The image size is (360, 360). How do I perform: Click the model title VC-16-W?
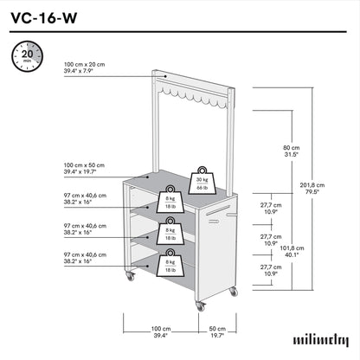(x=44, y=18)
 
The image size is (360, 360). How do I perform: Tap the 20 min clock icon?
(x=27, y=56)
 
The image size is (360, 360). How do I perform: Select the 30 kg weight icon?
(x=202, y=181)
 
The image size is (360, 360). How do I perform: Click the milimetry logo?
(x=321, y=340)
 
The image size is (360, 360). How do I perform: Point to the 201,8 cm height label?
(x=312, y=189)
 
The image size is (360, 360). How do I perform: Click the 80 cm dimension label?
(x=292, y=151)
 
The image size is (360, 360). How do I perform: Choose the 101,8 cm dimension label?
(x=292, y=251)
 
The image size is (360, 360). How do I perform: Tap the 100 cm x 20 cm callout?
(x=84, y=67)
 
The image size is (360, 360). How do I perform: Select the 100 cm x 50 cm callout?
(x=84, y=169)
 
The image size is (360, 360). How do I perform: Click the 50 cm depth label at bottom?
(x=217, y=331)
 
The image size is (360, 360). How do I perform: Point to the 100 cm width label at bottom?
(x=161, y=331)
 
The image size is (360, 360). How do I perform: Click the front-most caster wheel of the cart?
(x=200, y=306)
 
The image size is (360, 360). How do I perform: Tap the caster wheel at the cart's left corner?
(x=130, y=276)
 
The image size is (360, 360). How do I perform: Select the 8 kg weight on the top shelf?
(x=170, y=199)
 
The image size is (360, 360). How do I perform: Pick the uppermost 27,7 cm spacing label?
(x=271, y=209)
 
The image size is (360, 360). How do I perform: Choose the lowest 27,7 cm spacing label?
(x=271, y=270)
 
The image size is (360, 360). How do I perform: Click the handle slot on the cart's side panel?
(x=218, y=210)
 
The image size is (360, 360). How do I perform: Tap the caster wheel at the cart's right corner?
(x=234, y=292)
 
